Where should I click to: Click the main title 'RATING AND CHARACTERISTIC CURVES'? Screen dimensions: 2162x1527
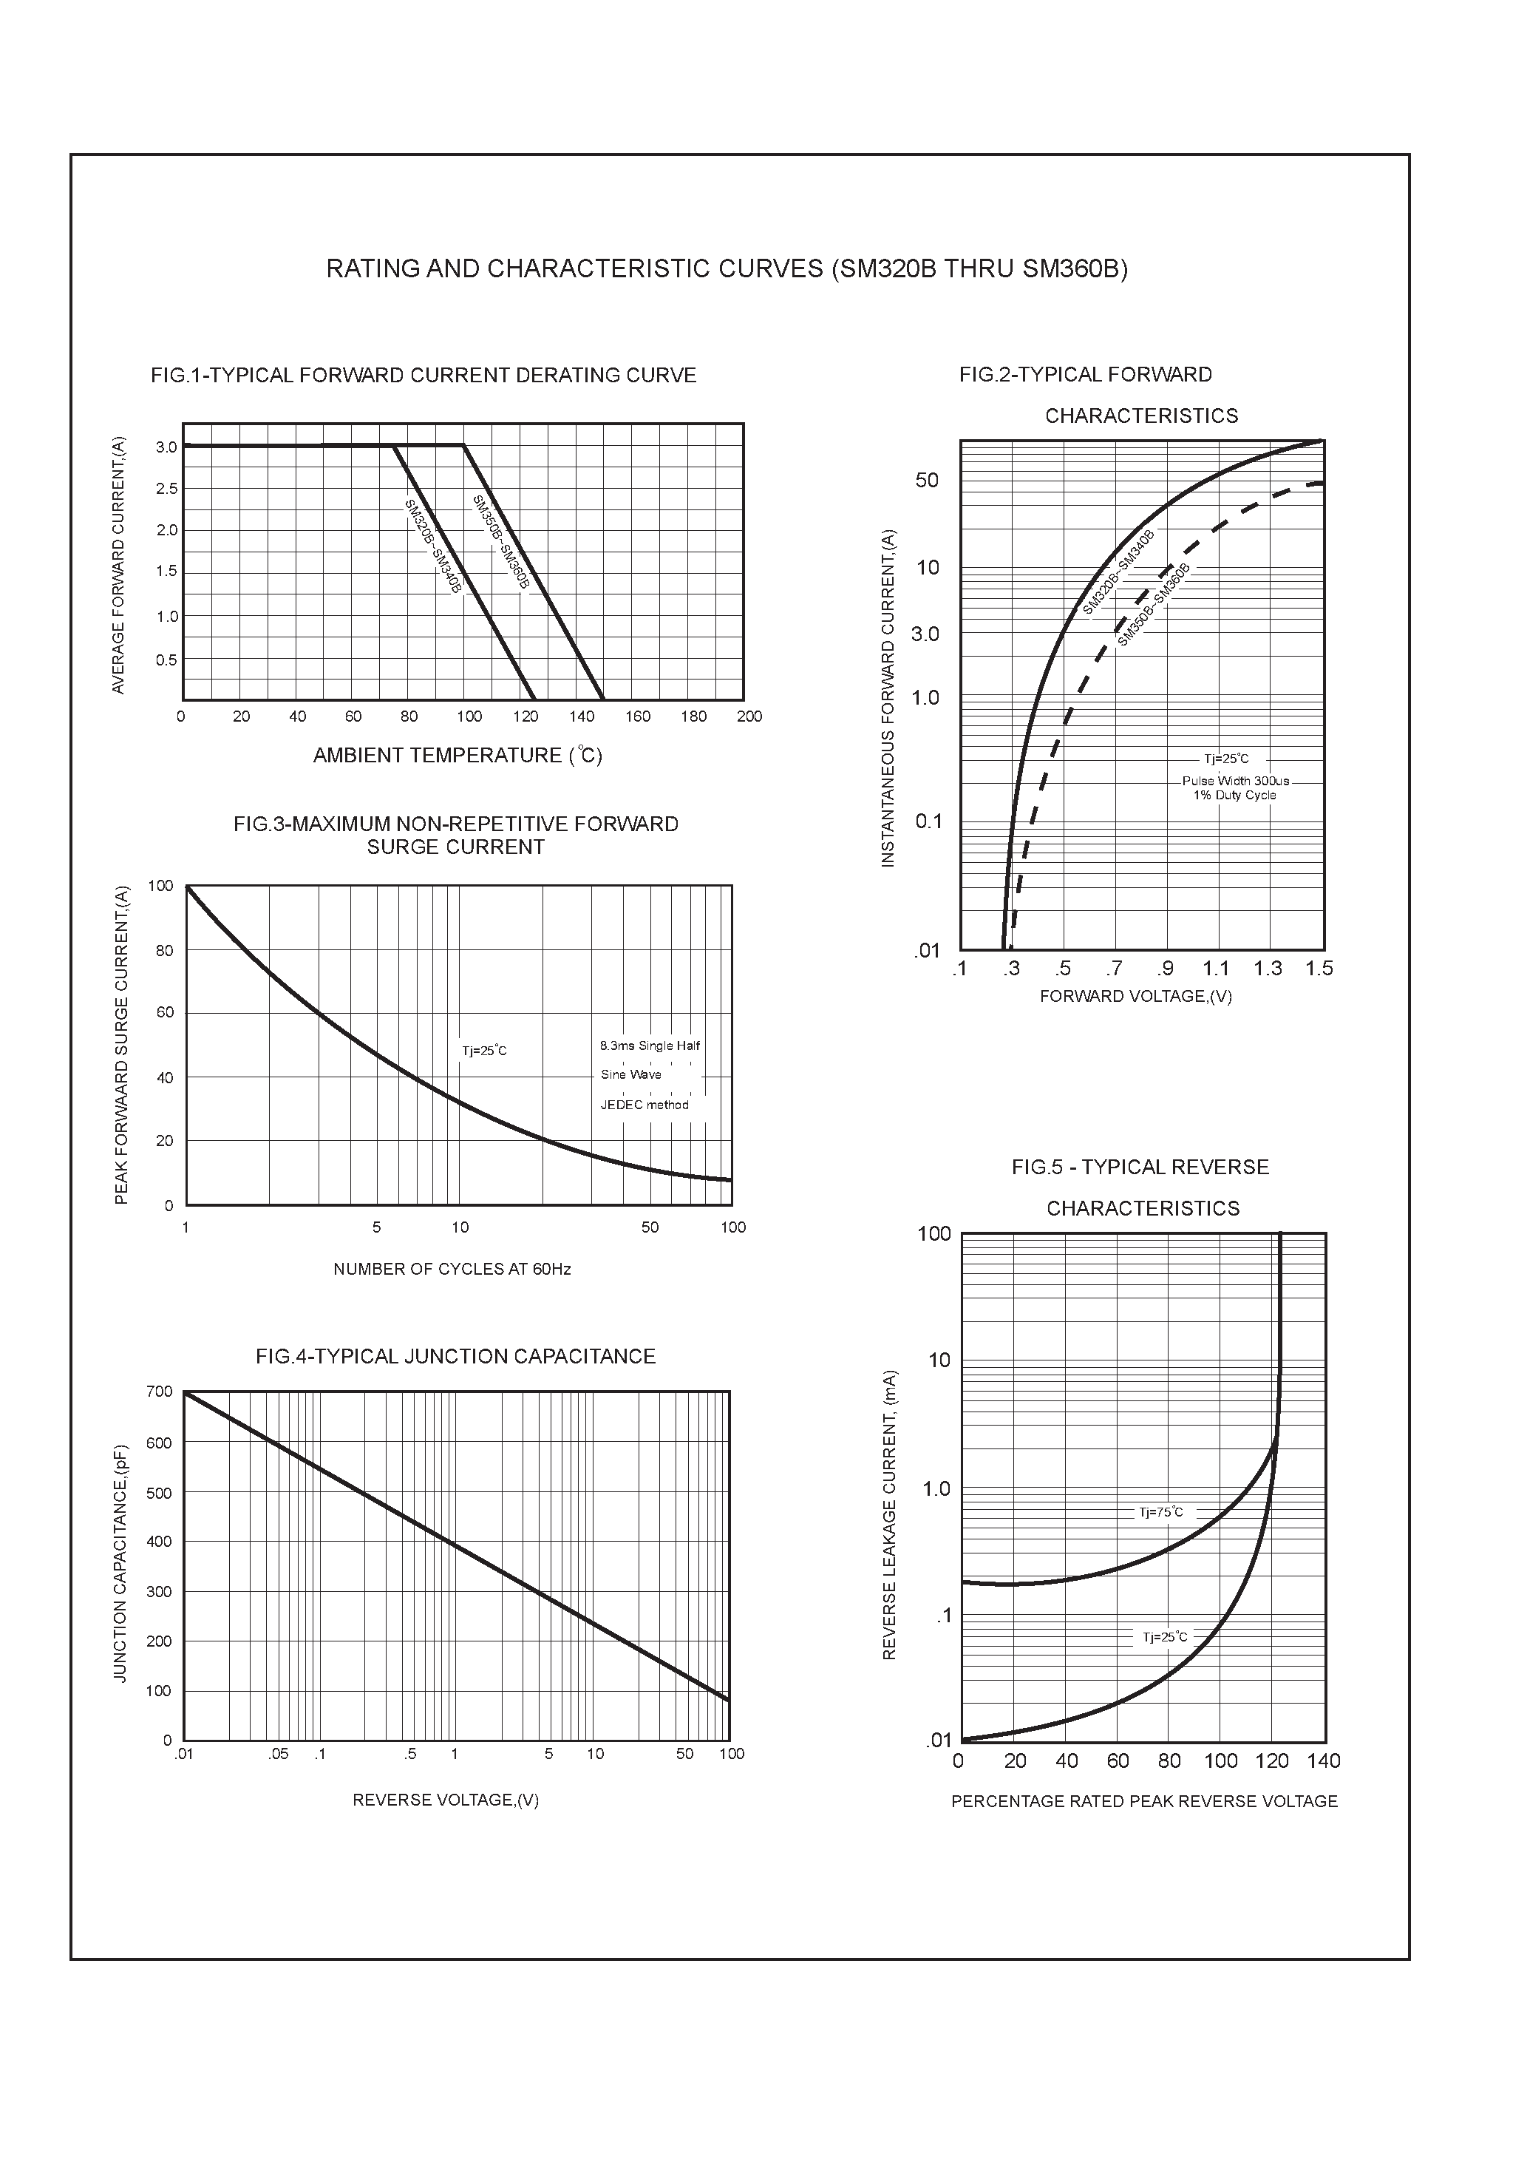click(x=726, y=269)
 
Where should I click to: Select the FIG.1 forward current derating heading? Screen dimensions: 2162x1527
click(x=423, y=376)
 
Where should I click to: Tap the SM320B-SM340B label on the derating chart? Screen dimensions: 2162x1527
click(x=432, y=546)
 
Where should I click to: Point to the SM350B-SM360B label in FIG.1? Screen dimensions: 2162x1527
click(x=501, y=543)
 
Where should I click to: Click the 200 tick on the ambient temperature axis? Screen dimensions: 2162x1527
click(x=749, y=716)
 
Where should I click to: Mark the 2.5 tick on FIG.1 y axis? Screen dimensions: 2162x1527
click(x=166, y=489)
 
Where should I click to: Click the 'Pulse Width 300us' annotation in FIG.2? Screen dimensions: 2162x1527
click(x=1235, y=781)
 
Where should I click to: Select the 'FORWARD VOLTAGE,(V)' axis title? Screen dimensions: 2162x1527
click(x=1135, y=996)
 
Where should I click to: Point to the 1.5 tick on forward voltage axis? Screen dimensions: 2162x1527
click(x=1319, y=969)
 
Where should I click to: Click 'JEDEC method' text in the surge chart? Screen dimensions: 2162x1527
click(x=645, y=1105)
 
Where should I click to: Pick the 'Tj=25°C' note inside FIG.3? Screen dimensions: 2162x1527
click(x=484, y=1051)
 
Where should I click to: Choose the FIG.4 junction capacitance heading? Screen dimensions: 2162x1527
click(x=455, y=1357)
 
